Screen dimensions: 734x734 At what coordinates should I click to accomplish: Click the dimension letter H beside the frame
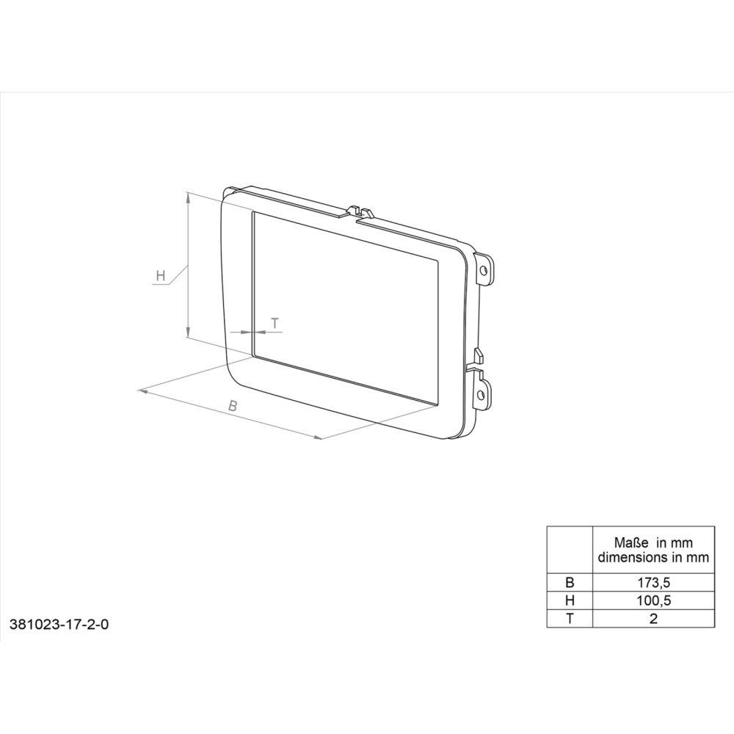point(161,275)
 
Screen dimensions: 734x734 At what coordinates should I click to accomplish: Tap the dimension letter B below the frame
point(233,406)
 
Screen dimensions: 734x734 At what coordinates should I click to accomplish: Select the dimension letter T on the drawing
point(275,323)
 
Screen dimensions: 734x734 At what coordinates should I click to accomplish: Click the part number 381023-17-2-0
point(59,624)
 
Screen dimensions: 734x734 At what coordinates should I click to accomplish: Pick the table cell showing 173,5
point(653,582)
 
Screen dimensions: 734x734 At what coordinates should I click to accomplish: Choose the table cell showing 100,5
point(653,600)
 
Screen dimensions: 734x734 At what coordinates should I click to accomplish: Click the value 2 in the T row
point(653,618)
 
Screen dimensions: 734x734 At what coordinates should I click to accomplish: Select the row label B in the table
point(570,582)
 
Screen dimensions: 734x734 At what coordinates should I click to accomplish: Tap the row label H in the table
point(570,600)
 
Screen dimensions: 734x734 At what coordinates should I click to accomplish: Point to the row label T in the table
point(570,618)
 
